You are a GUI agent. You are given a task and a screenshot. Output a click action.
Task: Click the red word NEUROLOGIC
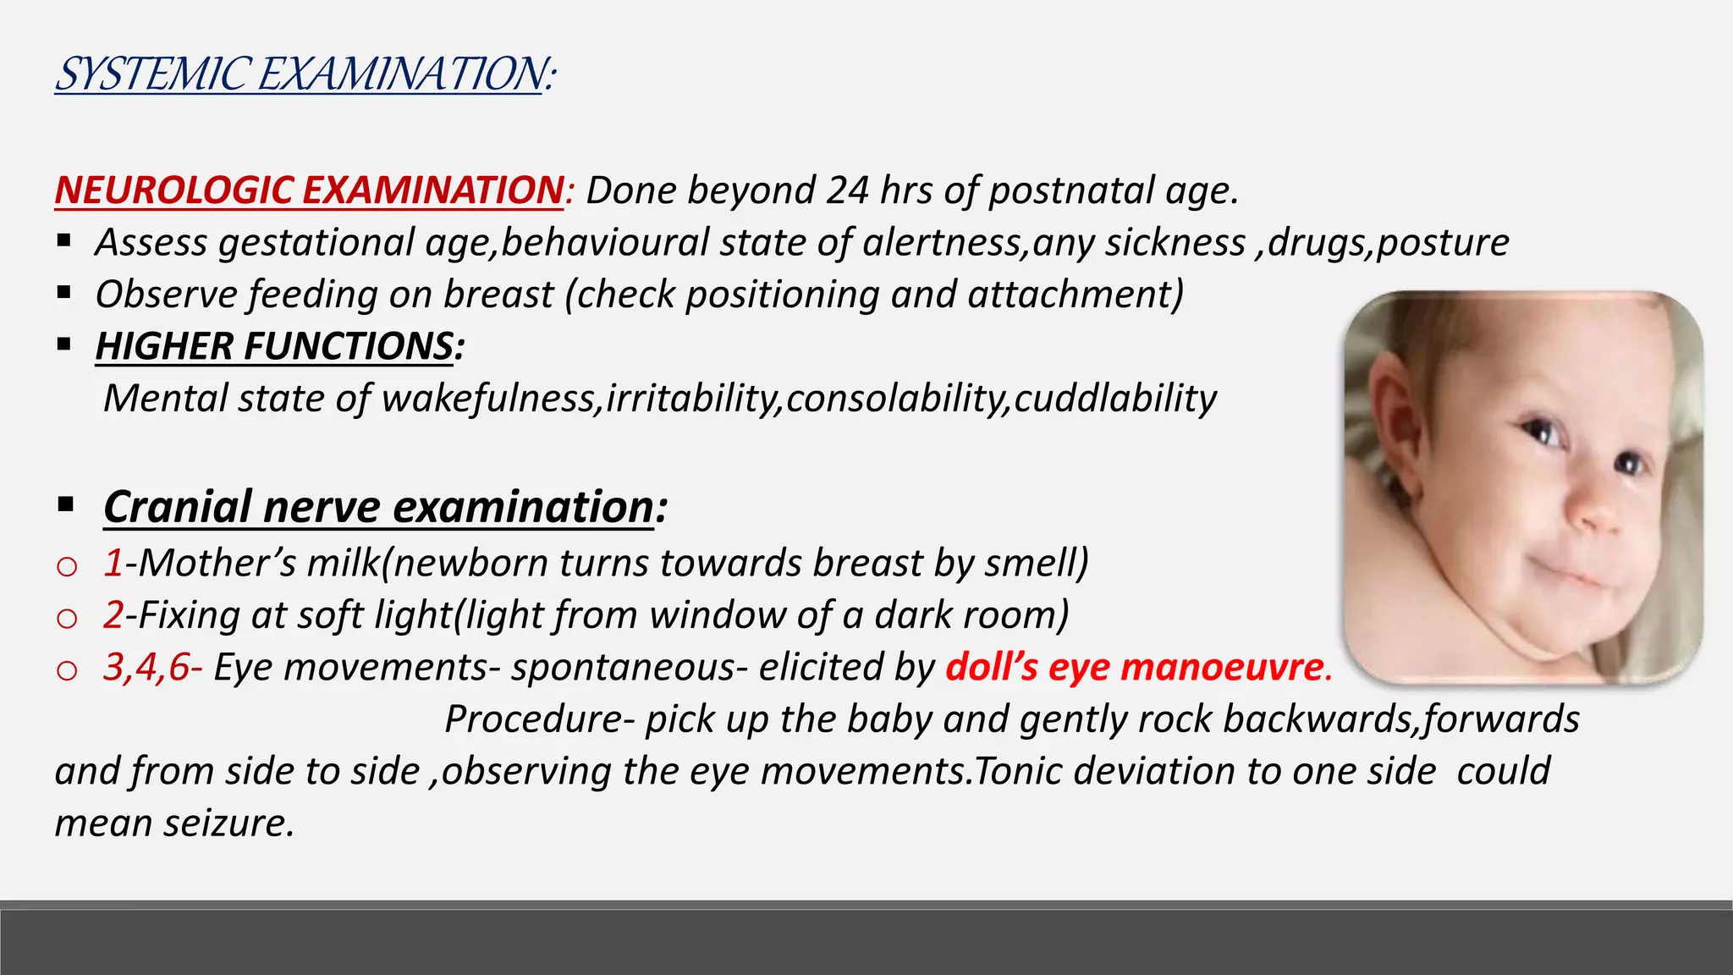tap(174, 190)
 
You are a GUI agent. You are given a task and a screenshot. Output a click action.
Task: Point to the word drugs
tap(1317, 243)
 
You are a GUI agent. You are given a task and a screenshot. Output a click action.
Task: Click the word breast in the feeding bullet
tap(498, 295)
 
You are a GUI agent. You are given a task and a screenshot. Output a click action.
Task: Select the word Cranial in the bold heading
tap(178, 507)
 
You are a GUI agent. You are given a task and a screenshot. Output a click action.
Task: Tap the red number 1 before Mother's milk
tap(113, 563)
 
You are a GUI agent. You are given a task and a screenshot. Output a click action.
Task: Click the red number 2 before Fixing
tap(113, 614)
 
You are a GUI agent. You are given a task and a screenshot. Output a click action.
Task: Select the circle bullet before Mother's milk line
tap(66, 565)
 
